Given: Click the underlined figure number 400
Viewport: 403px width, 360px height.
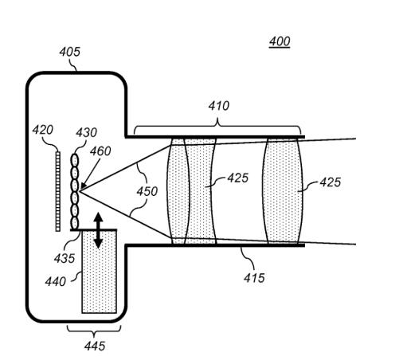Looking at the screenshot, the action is coord(280,41).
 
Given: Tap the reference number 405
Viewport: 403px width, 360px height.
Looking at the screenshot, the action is coord(69,52).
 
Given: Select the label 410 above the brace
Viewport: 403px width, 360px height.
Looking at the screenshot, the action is coord(218,106).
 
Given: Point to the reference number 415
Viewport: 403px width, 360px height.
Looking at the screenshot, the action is coord(254,278).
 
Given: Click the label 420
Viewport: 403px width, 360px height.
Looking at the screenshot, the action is coord(43,130).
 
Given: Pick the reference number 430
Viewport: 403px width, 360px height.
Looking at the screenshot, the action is coord(86,132).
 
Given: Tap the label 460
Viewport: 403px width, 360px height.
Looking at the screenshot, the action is coord(100,151).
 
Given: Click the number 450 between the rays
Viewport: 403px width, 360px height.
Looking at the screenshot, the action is coord(147,191).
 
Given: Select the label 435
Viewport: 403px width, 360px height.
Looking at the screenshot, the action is coord(65,258).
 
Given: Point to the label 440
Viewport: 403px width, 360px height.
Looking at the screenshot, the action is coord(55,281).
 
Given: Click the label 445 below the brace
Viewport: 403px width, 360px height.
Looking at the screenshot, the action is coord(95,346).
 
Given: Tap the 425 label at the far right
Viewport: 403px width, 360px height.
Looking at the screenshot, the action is coord(330,182).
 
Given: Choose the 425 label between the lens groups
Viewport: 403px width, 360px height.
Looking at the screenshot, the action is coord(238,178).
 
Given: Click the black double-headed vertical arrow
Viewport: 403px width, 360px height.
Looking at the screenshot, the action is coord(98,230).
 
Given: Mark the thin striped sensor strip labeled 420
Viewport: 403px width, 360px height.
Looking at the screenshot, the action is coord(58,191).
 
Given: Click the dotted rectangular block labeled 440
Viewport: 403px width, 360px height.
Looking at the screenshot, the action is coord(99,272).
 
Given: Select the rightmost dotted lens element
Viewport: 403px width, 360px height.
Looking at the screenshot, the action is coord(282,190).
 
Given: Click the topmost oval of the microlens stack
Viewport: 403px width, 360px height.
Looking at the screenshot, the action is coord(75,160).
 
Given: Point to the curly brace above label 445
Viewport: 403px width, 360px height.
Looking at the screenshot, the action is coord(94,330).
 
